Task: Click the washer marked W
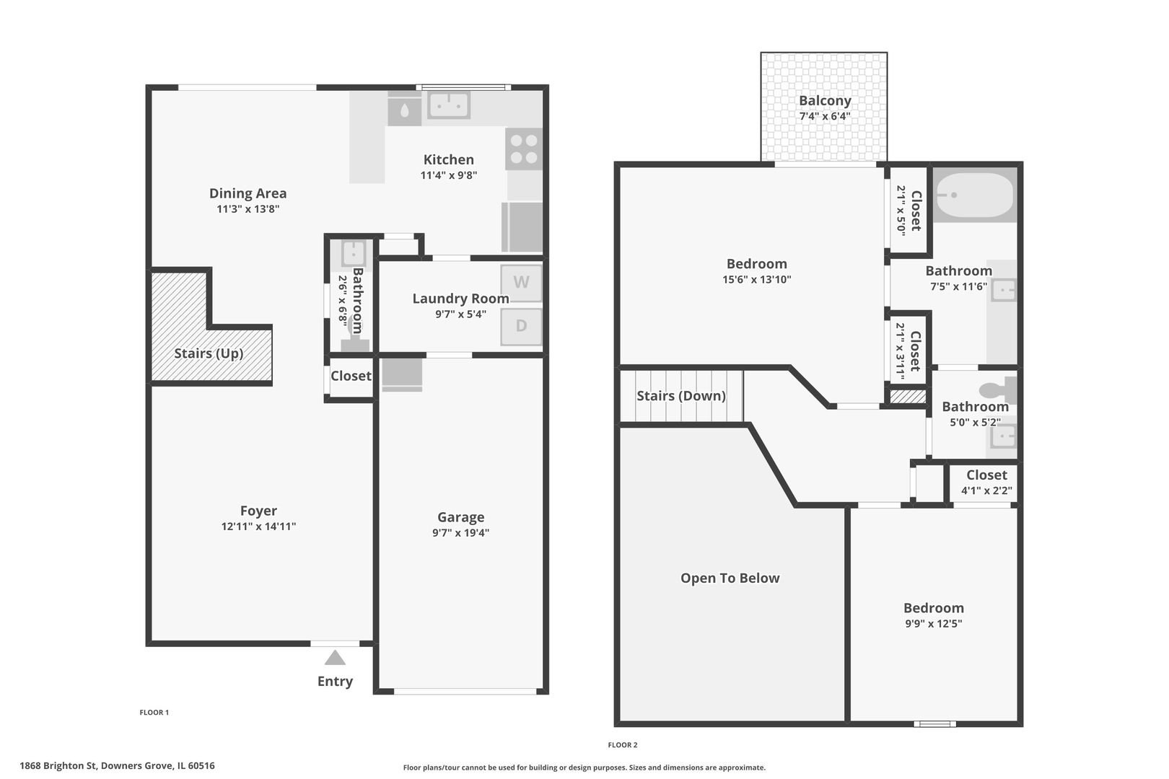coord(521,283)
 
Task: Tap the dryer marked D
coord(521,327)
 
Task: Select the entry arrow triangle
coord(335,657)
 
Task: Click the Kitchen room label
coord(449,159)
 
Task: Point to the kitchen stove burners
coord(524,149)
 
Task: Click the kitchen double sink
coord(449,105)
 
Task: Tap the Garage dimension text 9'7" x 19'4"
coord(461,533)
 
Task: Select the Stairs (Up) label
coord(209,353)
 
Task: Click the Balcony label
coord(825,100)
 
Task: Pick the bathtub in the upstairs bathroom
coord(975,195)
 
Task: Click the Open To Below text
coord(730,578)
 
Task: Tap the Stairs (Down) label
coord(681,396)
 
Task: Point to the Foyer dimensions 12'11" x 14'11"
coord(259,527)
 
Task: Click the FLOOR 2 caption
coord(623,745)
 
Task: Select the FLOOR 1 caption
coord(154,712)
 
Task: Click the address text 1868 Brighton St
coord(58,766)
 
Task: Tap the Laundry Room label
coord(461,299)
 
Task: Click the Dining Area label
coord(248,193)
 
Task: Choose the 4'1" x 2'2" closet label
coord(987,491)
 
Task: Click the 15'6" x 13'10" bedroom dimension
coord(757,280)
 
